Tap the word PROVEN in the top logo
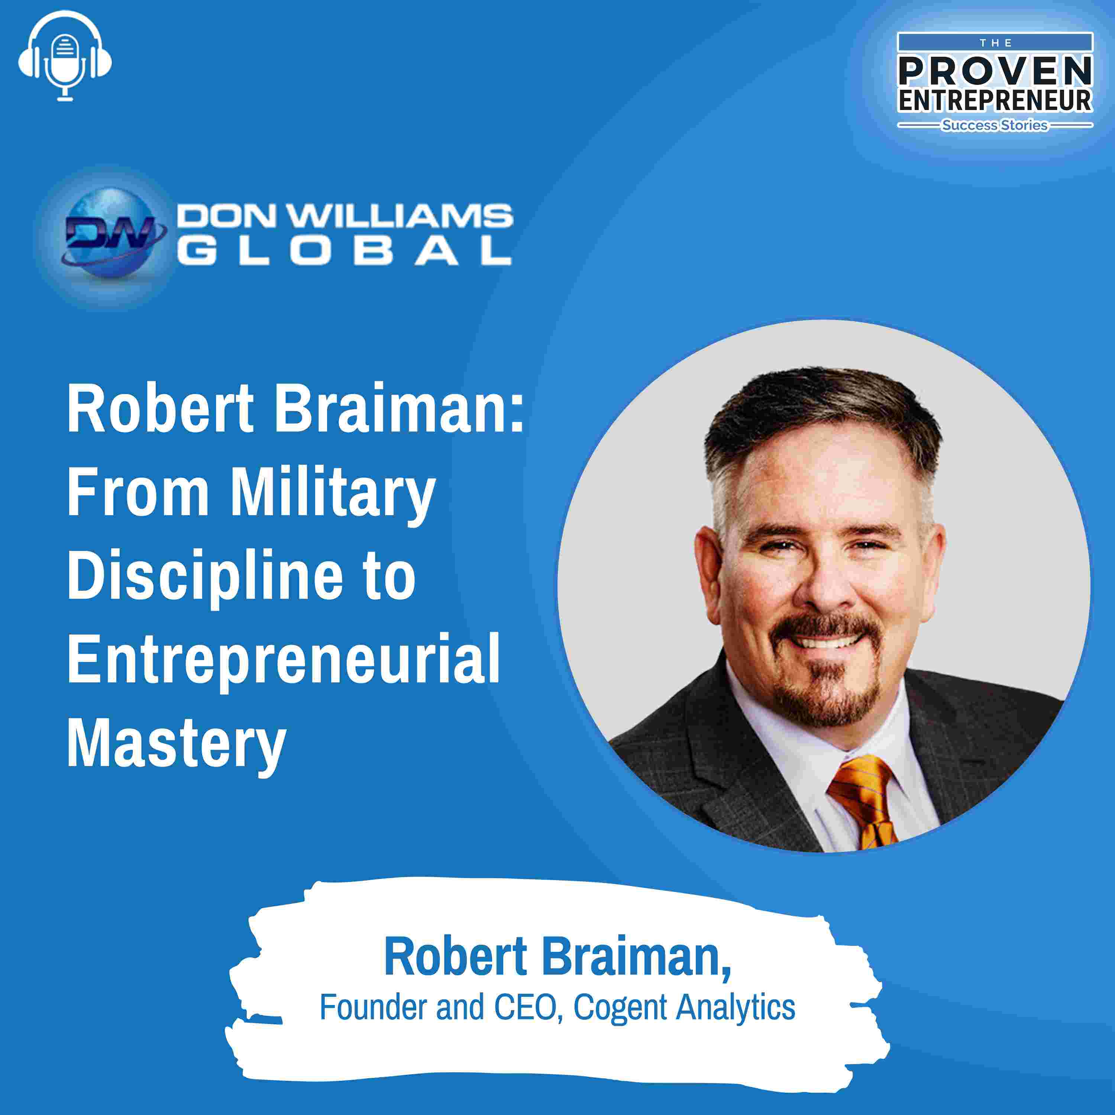[x=995, y=70]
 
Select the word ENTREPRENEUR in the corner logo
[x=995, y=100]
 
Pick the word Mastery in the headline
[x=177, y=744]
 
